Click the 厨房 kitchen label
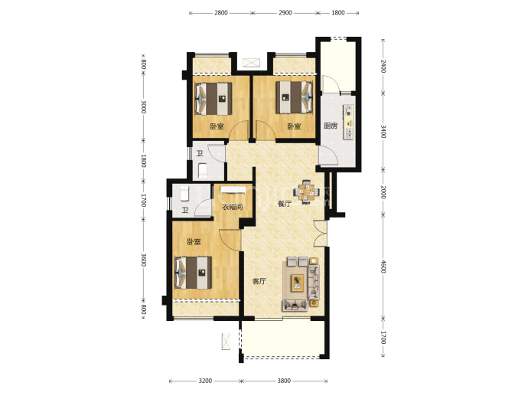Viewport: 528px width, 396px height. pyautogui.click(x=331, y=126)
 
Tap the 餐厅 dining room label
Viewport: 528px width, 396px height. pyautogui.click(x=284, y=204)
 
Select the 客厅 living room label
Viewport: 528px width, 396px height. pyautogui.click(x=259, y=281)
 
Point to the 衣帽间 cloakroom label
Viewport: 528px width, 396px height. pyautogui.click(x=233, y=207)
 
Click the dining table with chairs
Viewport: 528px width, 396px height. pyautogui.click(x=306, y=192)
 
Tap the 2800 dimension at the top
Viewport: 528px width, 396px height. pyautogui.click(x=221, y=13)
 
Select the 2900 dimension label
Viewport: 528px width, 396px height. pyautogui.click(x=285, y=13)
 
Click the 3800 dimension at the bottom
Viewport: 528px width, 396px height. pyautogui.click(x=284, y=381)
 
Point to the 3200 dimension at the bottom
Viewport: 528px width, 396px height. pyautogui.click(x=205, y=381)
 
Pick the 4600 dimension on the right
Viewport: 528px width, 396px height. pyautogui.click(x=383, y=267)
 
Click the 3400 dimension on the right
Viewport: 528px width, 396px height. pyautogui.click(x=383, y=132)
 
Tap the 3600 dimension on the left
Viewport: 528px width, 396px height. pyautogui.click(x=143, y=260)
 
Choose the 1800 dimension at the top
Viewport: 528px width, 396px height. pyautogui.click(x=338, y=13)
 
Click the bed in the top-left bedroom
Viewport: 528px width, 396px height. pyautogui.click(x=213, y=98)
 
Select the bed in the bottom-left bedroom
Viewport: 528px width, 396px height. pyautogui.click(x=194, y=273)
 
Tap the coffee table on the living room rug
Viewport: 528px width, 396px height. pyautogui.click(x=297, y=283)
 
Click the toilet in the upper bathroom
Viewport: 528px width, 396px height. pyautogui.click(x=203, y=170)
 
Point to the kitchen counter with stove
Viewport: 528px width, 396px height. pyautogui.click(x=349, y=122)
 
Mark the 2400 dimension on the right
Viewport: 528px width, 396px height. pyautogui.click(x=383, y=66)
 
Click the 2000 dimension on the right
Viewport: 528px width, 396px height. pyautogui.click(x=383, y=191)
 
